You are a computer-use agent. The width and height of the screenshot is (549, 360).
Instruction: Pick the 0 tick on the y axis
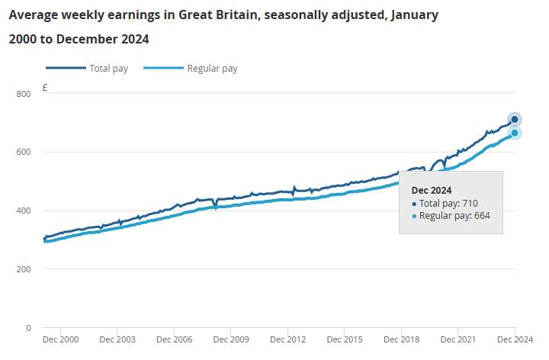point(28,329)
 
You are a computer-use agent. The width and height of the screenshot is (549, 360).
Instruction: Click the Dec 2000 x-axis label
point(61,339)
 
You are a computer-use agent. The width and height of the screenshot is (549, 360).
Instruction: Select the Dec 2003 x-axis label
point(117,339)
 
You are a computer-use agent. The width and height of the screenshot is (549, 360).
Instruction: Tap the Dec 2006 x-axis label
point(174,339)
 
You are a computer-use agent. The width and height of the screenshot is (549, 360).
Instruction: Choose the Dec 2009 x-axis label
point(230,339)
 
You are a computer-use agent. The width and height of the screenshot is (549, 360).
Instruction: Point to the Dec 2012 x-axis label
point(287,339)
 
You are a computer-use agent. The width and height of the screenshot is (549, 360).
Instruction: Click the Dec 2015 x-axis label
point(344,339)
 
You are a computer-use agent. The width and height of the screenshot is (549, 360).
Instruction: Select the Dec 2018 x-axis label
point(400,339)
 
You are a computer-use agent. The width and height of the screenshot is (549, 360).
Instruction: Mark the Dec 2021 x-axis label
point(457,339)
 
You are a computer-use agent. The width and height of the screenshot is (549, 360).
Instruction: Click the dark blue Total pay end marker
point(515,120)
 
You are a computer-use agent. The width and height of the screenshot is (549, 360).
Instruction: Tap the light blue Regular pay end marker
point(515,133)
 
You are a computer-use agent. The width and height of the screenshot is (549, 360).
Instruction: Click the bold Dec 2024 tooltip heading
point(432,190)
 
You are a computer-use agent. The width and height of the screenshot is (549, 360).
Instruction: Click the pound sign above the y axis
point(45,88)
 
